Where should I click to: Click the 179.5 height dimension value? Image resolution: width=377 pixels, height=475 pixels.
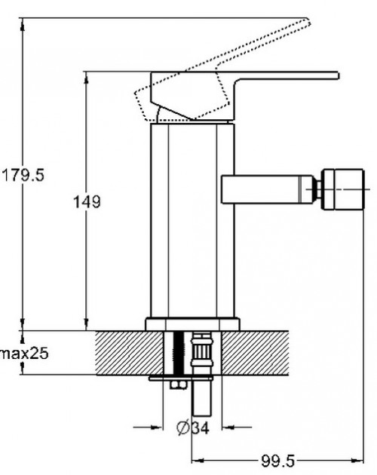click(x=23, y=174)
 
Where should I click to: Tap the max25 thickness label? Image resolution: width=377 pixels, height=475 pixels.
click(x=24, y=353)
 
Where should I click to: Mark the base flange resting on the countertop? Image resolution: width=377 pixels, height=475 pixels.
click(x=192, y=325)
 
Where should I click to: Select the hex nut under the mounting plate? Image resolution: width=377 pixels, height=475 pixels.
click(x=176, y=385)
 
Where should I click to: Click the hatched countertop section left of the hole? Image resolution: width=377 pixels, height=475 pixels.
click(x=128, y=353)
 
